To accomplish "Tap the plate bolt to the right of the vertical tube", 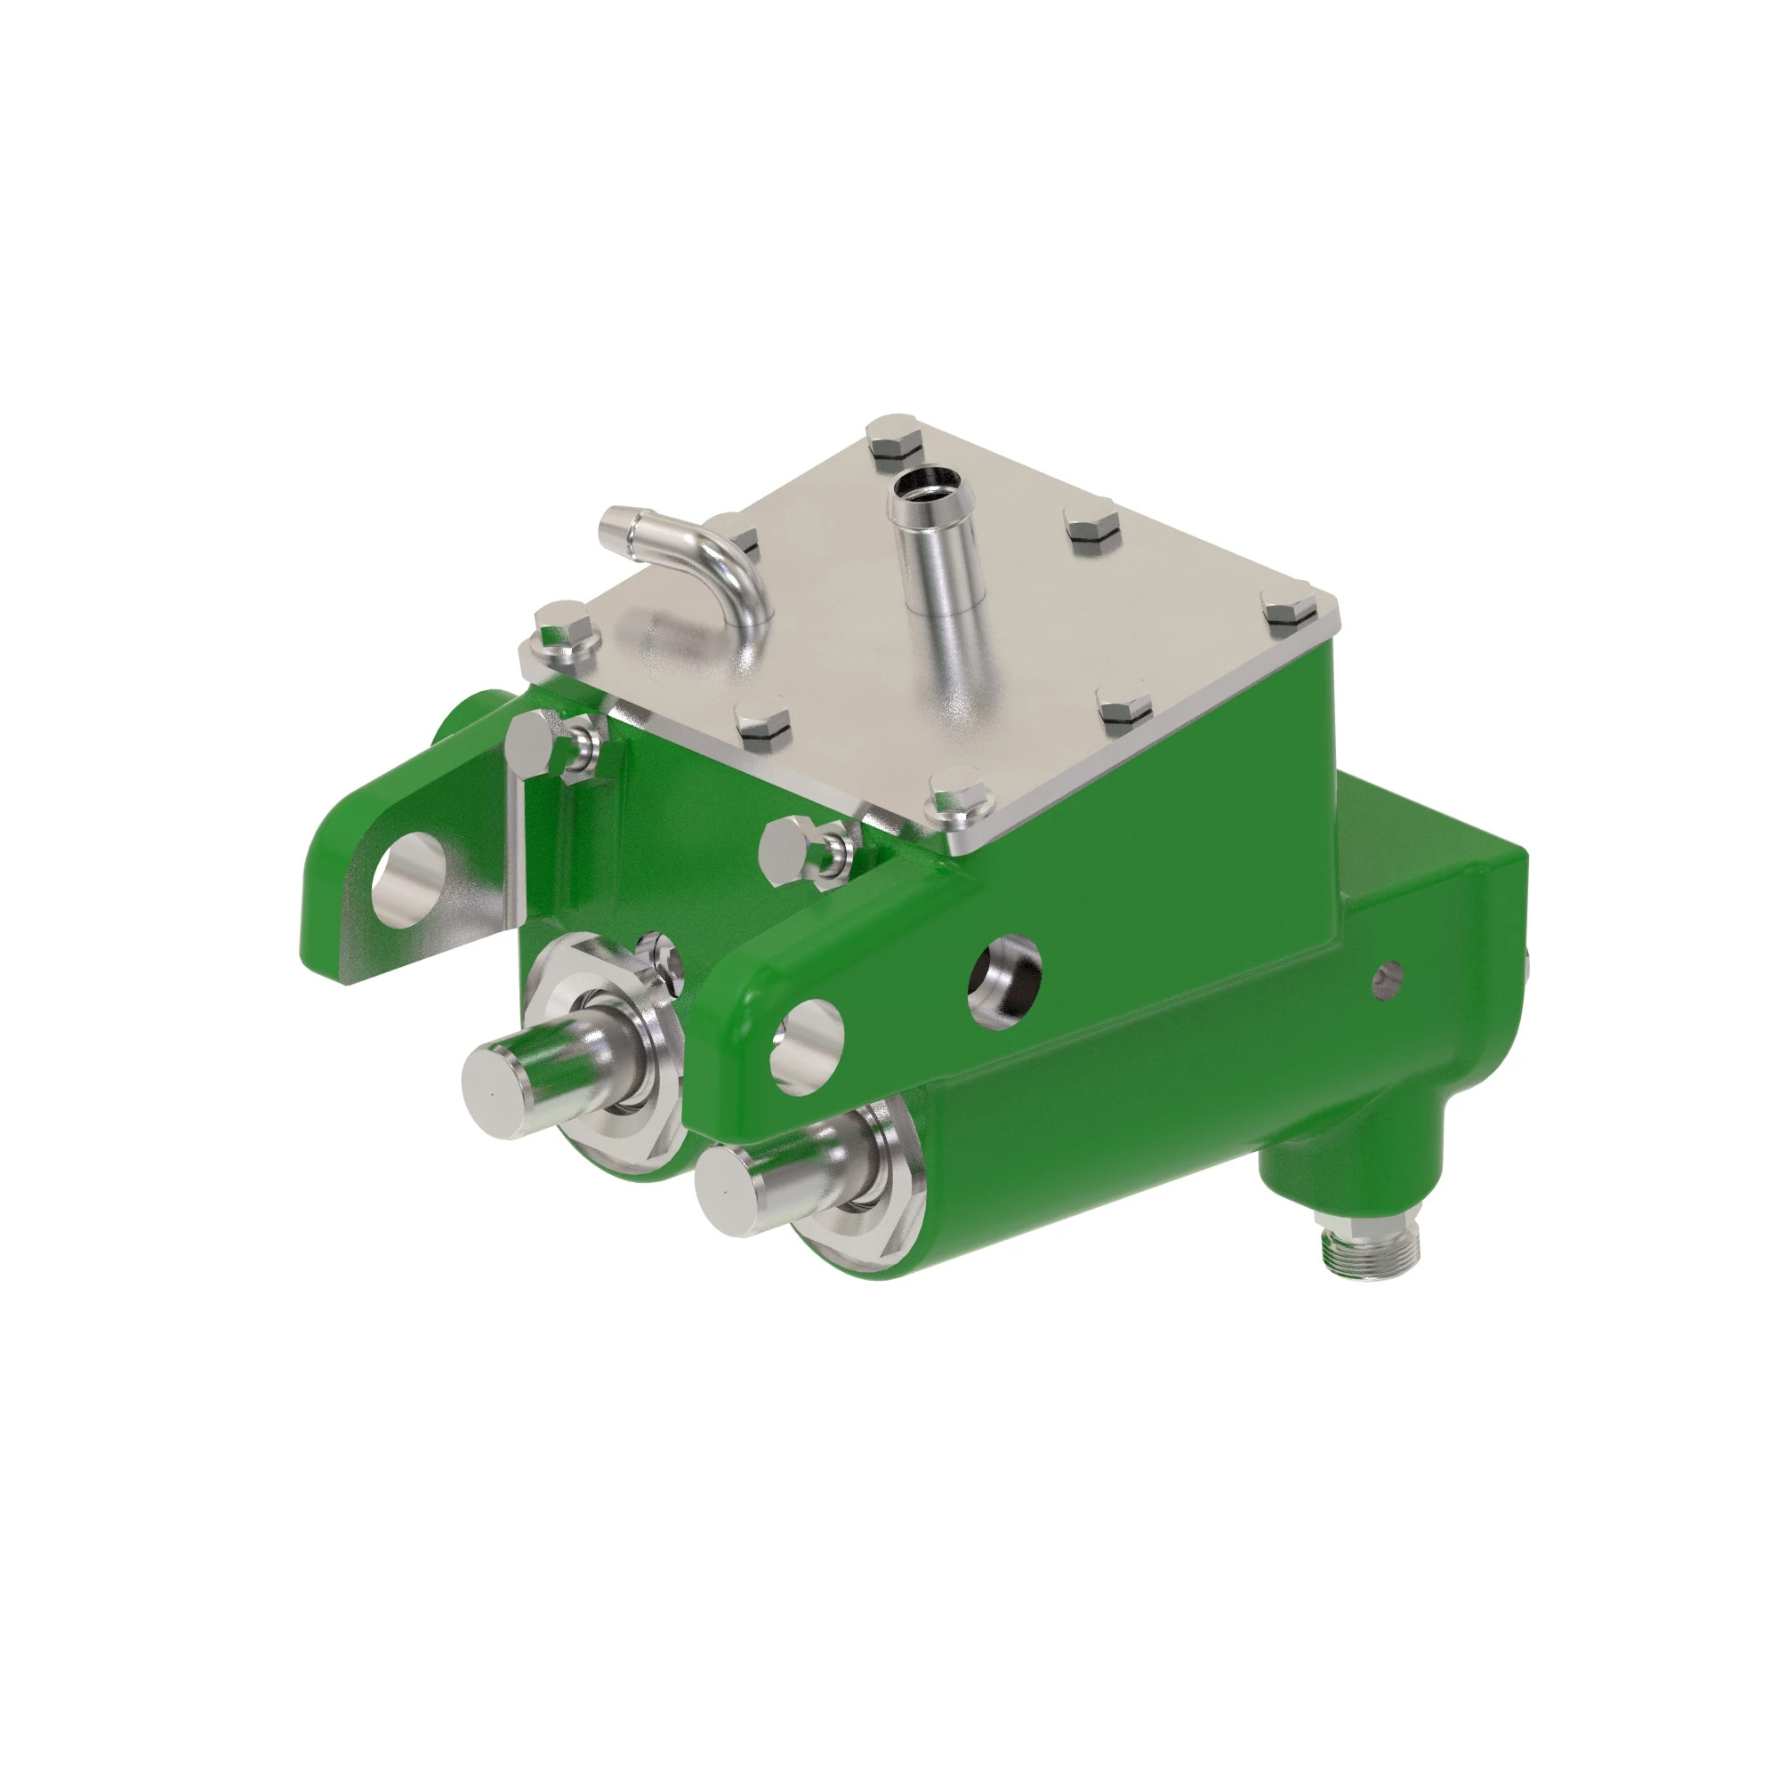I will pyautogui.click(x=1092, y=531).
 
